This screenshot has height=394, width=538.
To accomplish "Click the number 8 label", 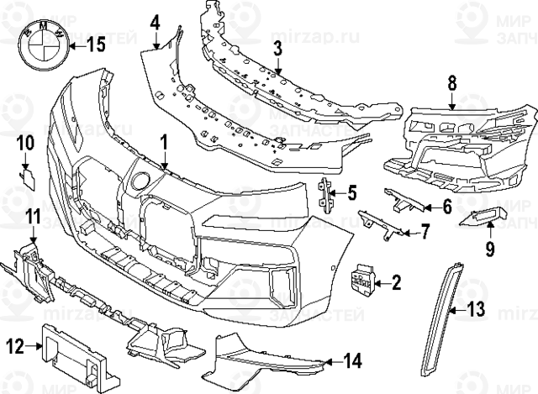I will [x=451, y=82].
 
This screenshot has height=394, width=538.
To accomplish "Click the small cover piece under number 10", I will [x=26, y=177].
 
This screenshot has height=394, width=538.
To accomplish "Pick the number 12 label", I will [x=15, y=344].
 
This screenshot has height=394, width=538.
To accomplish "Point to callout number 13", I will [x=476, y=310].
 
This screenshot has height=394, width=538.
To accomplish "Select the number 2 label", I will [x=396, y=284].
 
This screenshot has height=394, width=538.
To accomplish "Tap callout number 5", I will [x=352, y=193].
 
